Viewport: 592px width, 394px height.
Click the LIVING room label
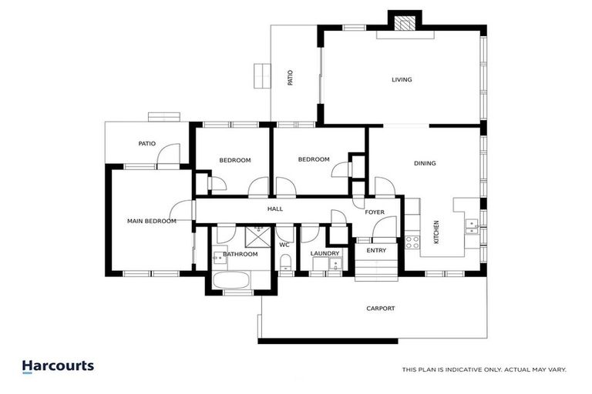tap(402, 79)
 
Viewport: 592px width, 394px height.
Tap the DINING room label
tap(425, 163)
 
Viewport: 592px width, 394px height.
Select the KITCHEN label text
tap(436, 232)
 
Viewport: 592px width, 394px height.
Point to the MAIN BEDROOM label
tap(151, 221)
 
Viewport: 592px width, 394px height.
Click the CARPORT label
tap(381, 309)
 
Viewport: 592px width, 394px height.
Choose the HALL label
tap(274, 209)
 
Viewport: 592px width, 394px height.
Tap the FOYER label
tap(375, 212)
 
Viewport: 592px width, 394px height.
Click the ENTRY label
tap(376, 250)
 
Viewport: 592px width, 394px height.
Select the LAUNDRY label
tap(325, 253)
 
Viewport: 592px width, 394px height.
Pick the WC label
tap(284, 245)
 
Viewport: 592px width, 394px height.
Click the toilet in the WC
tap(285, 266)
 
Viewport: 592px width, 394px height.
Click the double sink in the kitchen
tap(472, 225)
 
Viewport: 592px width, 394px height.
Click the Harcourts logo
tap(58, 366)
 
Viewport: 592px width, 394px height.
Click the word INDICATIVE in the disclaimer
tap(469, 370)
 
